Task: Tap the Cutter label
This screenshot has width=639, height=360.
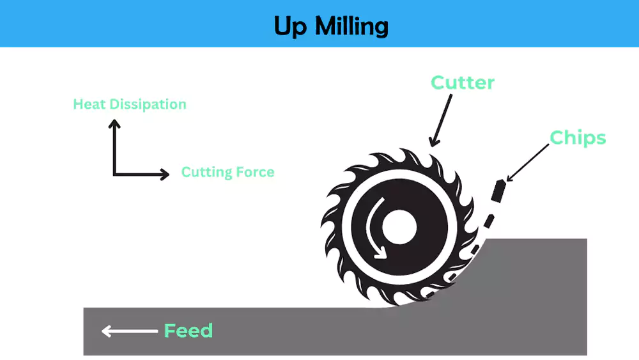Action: point(463,82)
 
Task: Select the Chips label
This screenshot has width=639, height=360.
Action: point(578,137)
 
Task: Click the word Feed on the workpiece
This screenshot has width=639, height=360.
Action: point(189,331)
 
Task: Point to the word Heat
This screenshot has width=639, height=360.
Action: point(88,104)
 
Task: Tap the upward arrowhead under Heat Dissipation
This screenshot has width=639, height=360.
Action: point(114,124)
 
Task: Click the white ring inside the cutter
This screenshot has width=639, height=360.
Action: point(350,228)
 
